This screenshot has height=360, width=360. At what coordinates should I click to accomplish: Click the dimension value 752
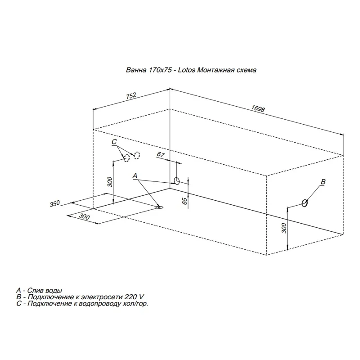[131, 96]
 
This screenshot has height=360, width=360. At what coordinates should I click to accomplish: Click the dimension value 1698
[258, 108]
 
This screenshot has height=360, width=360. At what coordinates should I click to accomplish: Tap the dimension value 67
[161, 154]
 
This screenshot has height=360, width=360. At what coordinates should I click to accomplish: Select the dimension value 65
[185, 201]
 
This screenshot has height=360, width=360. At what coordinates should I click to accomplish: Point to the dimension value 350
[54, 204]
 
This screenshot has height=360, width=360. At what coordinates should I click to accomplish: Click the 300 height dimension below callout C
[110, 182]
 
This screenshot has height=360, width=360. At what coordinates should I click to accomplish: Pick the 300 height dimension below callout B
[284, 228]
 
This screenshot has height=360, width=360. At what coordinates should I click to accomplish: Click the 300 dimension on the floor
[84, 216]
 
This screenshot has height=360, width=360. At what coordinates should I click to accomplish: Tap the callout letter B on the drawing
[323, 182]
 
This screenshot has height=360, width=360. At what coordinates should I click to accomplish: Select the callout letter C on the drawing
[114, 142]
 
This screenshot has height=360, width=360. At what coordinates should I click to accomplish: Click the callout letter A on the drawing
[135, 176]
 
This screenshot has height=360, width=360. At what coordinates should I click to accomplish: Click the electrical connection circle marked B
[305, 203]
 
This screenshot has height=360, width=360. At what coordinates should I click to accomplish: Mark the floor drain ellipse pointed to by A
[160, 207]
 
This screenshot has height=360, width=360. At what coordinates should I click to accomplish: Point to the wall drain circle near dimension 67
[177, 181]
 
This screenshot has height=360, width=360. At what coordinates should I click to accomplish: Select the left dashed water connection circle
[127, 158]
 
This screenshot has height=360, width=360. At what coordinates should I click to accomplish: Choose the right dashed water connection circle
[137, 155]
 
